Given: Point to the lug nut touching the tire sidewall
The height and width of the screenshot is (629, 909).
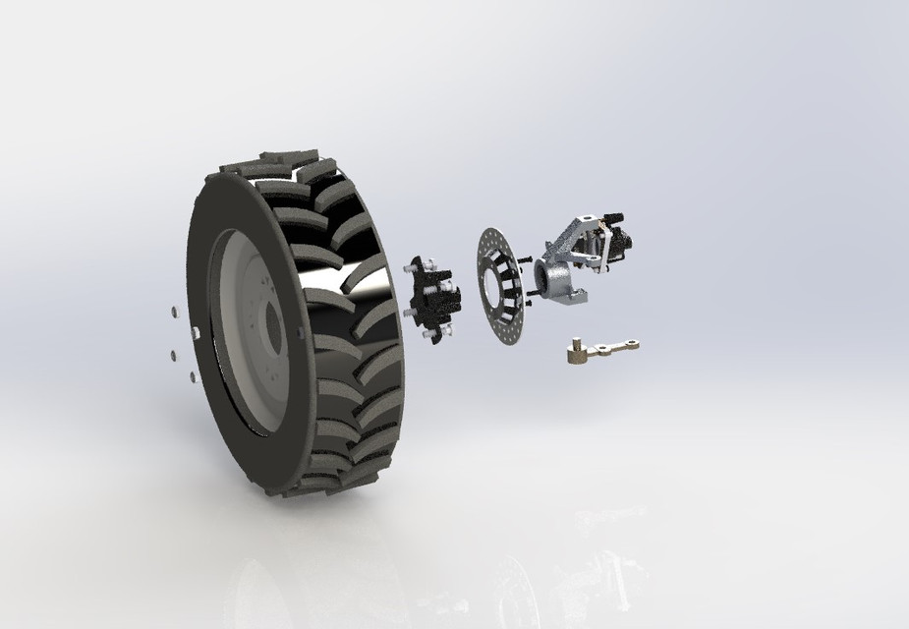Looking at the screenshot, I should click(x=196, y=334).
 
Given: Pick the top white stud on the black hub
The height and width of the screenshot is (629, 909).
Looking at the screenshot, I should click(x=430, y=260).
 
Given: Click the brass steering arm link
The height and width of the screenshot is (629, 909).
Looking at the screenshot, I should click(x=604, y=346).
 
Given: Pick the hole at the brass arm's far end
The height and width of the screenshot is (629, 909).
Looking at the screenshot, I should click(x=634, y=343).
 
